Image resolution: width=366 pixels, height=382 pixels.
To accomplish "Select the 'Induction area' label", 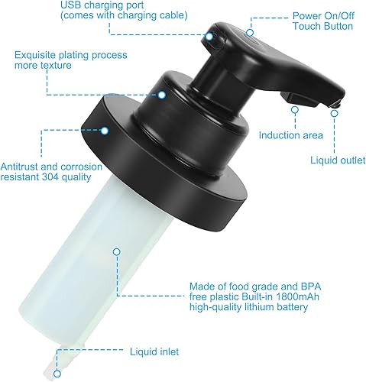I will [290, 135].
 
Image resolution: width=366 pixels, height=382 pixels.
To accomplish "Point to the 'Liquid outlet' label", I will [335, 160].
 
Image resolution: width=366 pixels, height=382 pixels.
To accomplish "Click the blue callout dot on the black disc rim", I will [105, 131].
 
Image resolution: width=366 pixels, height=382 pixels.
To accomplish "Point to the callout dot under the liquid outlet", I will [333, 112].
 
